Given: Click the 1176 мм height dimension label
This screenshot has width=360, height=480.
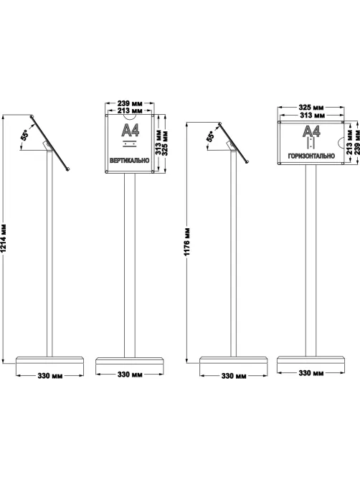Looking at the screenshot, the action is tap(187, 242).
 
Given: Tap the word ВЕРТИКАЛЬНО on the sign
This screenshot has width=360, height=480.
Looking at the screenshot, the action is tap(129, 161).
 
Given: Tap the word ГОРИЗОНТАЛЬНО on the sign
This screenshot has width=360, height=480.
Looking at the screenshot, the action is tap(311, 156).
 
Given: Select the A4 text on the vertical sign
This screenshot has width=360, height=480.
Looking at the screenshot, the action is tap(131, 131).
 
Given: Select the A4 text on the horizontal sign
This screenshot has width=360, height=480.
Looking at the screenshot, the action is tap(312, 131).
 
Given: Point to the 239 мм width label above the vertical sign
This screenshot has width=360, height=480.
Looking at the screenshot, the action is tap(130, 103).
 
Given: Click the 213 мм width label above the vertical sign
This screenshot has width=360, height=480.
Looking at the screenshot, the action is tap(130, 110).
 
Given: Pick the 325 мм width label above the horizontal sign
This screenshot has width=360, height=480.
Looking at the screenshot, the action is tap(311, 108).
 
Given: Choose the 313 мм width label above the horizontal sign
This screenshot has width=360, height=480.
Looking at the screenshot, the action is tap(311, 115).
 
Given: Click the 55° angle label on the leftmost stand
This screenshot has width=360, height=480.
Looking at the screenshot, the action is tap(24, 135).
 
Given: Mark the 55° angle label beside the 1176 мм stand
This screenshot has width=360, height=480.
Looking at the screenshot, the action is tap(210, 136).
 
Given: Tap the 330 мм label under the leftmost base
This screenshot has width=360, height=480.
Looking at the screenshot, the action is tap(50, 376).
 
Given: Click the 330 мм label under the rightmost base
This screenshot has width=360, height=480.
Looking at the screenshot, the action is tap(311, 373).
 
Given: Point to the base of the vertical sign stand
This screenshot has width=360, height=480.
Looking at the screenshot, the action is tap(130, 361).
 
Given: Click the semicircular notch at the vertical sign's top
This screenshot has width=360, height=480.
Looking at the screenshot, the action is tap(130, 117).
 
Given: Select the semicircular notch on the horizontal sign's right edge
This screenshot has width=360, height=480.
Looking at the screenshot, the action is tap(341, 143).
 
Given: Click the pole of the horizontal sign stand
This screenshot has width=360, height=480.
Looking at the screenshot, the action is tap(311, 260).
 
